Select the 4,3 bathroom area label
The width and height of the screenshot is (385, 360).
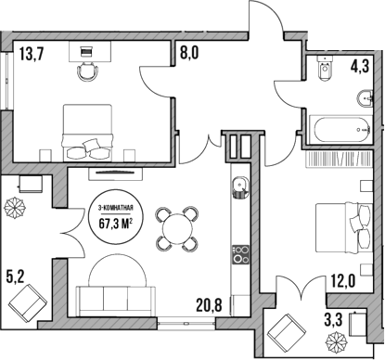[359, 66]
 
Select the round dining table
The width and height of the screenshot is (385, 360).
[176, 227]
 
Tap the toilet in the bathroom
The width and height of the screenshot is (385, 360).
[324, 70]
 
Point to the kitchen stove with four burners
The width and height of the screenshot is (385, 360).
[240, 253]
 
